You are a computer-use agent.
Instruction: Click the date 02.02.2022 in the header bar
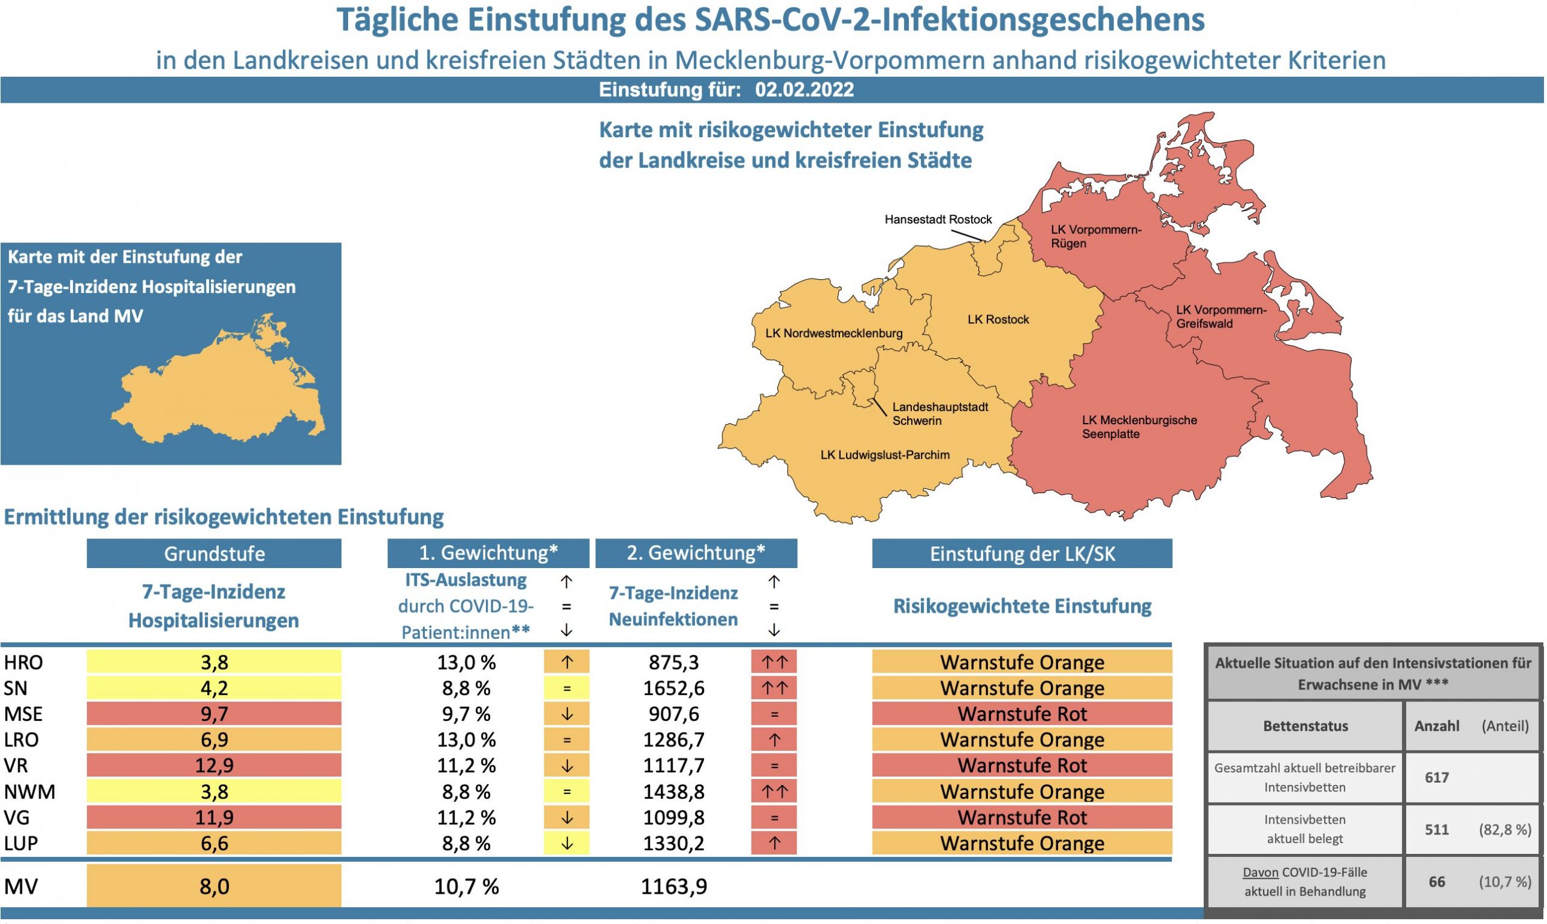point(804,90)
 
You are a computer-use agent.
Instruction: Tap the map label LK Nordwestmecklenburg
point(833,333)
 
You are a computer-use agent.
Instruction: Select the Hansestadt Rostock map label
point(937,220)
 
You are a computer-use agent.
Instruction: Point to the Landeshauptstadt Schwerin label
point(940,414)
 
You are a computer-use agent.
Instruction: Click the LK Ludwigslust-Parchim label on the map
point(885,455)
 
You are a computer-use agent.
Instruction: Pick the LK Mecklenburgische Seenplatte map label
point(1139,427)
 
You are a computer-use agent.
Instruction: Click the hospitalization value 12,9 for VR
point(214,765)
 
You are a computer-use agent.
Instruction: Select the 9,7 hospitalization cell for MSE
point(214,714)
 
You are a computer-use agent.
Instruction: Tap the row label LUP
point(21,843)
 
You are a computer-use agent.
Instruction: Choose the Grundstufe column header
point(214,554)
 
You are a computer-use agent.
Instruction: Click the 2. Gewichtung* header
point(696,553)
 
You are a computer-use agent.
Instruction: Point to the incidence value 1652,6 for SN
point(674,688)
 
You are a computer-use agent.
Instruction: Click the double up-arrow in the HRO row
point(774,662)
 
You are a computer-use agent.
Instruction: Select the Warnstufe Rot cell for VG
point(1022,817)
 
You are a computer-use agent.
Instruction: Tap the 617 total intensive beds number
point(1436,778)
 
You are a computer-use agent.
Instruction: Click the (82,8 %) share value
point(1505,829)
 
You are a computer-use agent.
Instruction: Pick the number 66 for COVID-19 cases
point(1436,882)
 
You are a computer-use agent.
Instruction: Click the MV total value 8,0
point(214,886)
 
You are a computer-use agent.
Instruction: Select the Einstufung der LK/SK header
point(1022,554)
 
